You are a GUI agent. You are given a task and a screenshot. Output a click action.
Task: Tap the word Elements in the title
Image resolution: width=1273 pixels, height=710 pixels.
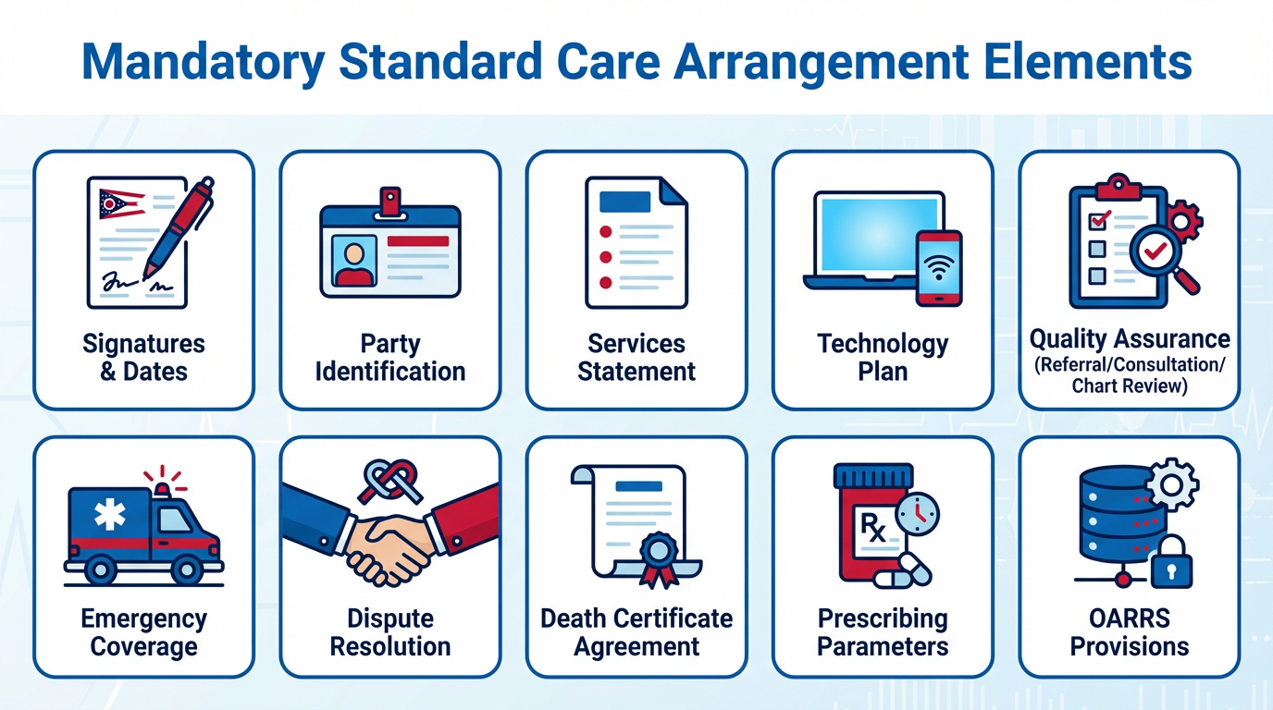(1088, 61)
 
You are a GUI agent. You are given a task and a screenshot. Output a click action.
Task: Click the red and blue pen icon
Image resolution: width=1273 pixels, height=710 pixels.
(179, 227)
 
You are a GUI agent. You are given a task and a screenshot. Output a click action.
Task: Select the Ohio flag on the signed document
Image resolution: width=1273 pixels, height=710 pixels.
(121, 204)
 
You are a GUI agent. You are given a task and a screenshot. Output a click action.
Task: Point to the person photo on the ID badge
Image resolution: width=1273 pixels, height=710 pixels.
(354, 262)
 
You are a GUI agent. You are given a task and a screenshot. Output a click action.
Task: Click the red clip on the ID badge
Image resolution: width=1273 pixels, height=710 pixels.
(390, 202)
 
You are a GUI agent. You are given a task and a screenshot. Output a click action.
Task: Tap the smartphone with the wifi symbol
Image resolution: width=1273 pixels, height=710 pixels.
(939, 268)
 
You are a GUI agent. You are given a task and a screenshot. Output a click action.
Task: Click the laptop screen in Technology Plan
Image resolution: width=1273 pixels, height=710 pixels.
(879, 234)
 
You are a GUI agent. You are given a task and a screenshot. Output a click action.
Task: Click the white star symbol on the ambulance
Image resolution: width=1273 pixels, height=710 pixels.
(110, 514)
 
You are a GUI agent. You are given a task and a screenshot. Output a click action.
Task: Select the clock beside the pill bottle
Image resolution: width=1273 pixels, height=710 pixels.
(917, 514)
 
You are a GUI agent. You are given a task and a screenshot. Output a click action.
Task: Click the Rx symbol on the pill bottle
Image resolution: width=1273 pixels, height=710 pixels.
(873, 528)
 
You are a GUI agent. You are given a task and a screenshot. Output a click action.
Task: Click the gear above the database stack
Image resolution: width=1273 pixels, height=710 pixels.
(1171, 485)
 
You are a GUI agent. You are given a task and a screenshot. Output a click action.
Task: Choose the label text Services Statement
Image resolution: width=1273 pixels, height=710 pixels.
(636, 358)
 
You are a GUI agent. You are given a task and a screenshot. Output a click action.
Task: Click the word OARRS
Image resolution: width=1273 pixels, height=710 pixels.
(1130, 618)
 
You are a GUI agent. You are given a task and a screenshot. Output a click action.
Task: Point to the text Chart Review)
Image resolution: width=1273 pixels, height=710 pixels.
(1130, 386)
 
